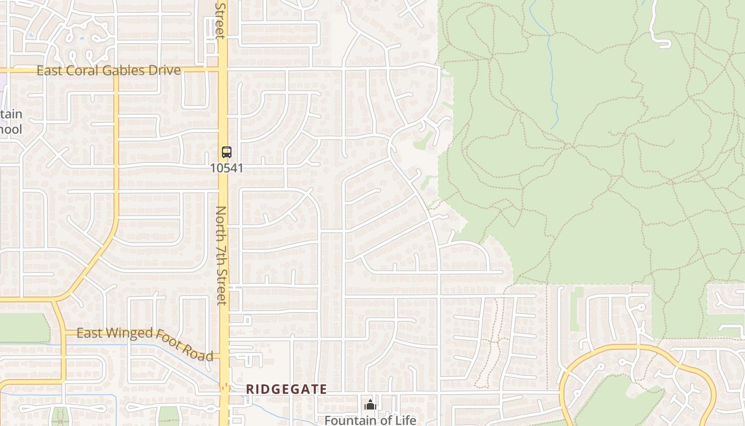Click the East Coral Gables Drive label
(x=109, y=70)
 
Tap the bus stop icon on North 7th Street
(x=227, y=152)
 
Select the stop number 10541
(x=227, y=168)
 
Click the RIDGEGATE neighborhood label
(x=286, y=389)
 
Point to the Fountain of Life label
(x=370, y=420)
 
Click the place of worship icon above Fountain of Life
(x=370, y=405)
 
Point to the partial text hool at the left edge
(x=11, y=129)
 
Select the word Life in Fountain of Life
(x=406, y=420)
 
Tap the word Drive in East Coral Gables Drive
(x=166, y=70)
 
